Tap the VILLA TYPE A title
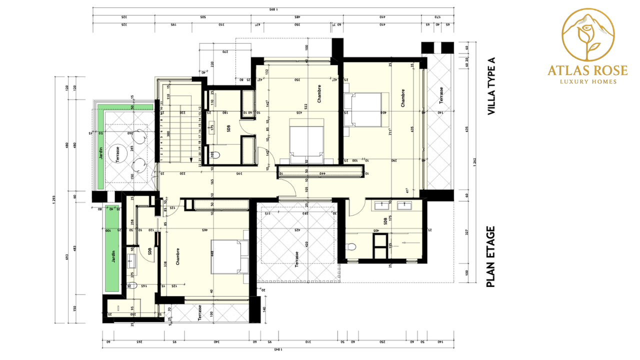[491, 86]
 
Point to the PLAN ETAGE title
[490, 257]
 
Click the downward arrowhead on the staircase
[191, 160]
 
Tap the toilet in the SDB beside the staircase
[214, 155]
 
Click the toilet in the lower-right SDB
[352, 246]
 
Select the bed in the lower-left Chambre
[229, 256]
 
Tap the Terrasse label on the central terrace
[296, 259]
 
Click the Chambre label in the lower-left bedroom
[177, 256]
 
